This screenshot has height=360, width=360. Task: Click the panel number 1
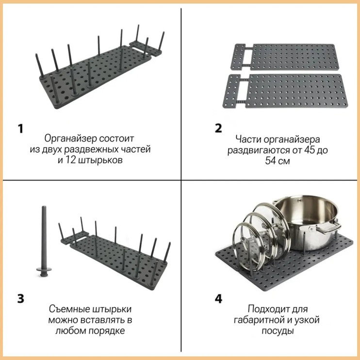tap(21, 129)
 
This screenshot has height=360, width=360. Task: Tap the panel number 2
tap(218, 128)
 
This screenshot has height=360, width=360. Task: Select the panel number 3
tap(21, 299)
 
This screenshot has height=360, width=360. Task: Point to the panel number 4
tap(218, 299)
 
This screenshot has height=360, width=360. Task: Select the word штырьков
tap(100, 161)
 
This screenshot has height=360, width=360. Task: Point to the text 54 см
tap(278, 161)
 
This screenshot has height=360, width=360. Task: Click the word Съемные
tap(68, 309)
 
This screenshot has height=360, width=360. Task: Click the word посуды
tap(278, 331)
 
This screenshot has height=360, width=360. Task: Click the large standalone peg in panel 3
tap(44, 241)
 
